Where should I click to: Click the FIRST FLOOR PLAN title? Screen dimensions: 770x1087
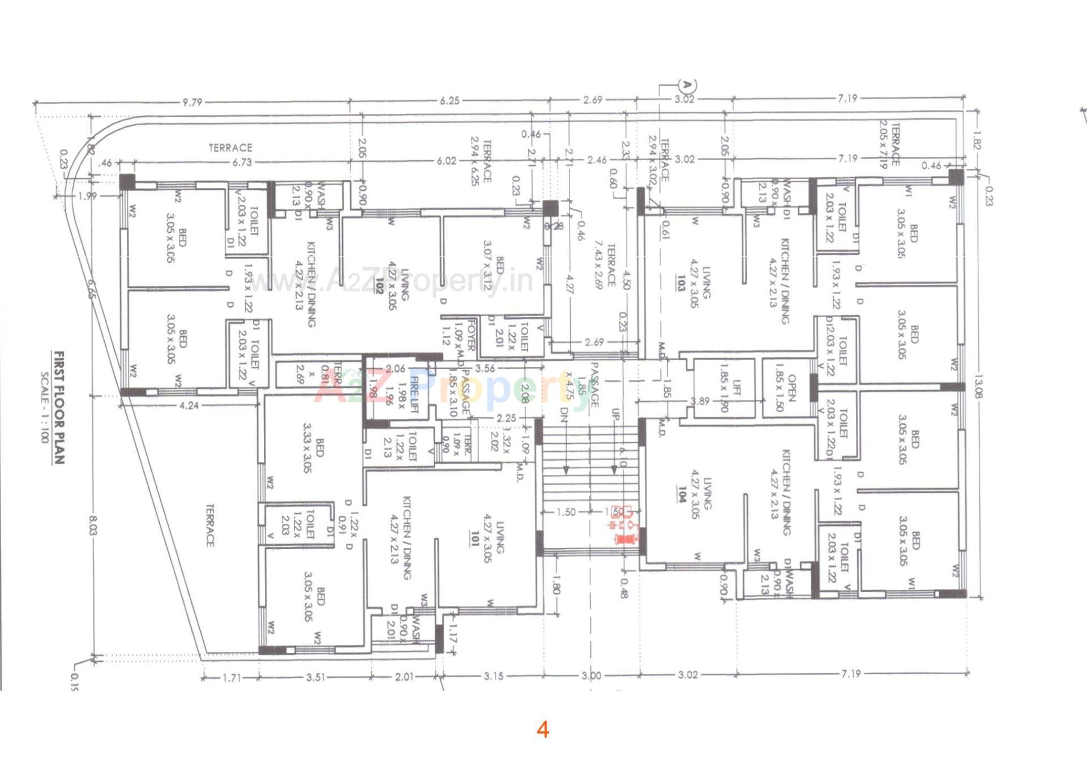(x=59, y=407)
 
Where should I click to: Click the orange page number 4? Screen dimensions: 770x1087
(x=542, y=730)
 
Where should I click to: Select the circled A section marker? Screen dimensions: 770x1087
(x=687, y=85)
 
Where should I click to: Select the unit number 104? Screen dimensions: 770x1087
(x=682, y=494)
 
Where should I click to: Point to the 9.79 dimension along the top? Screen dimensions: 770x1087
(x=192, y=102)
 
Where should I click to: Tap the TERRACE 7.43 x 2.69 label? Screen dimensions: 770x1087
(x=605, y=266)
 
